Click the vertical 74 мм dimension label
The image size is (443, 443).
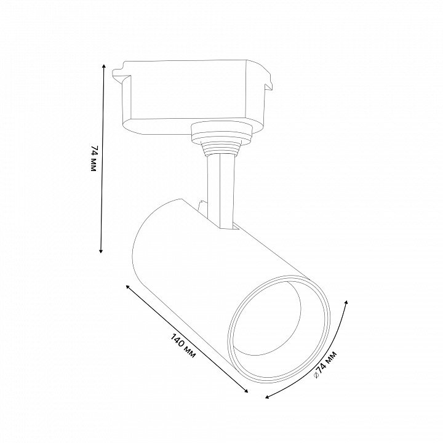[94, 159]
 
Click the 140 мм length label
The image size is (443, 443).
[183, 346]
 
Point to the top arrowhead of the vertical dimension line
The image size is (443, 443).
[104, 66]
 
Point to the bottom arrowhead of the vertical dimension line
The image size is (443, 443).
[100, 250]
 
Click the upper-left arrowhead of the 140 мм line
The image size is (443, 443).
[128, 287]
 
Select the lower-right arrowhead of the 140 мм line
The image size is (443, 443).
[246, 391]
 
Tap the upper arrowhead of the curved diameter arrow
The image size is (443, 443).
[346, 303]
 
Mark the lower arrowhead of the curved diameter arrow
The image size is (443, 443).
[267, 397]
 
